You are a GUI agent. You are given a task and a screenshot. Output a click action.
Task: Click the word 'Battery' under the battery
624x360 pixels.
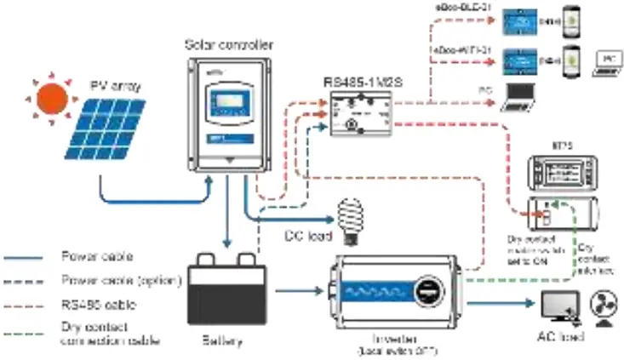click(223, 341)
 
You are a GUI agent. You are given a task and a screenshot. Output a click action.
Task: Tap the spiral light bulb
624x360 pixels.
click(351, 214)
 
